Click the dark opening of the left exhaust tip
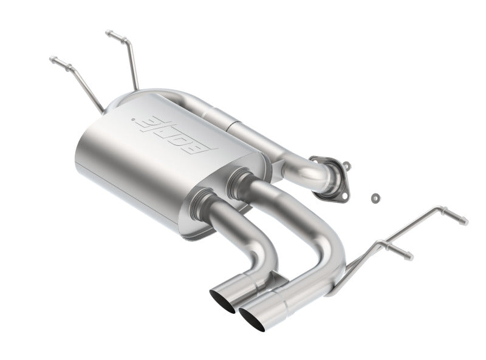pyautogui.click(x=222, y=302)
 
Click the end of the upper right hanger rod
pyautogui.click(x=465, y=220)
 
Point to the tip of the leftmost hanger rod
pyautogui.click(x=52, y=60)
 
